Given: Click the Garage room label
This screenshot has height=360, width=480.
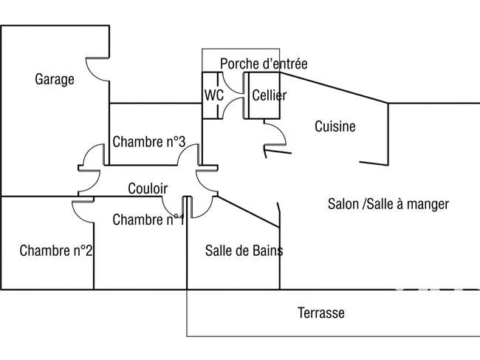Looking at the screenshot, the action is point(55,79).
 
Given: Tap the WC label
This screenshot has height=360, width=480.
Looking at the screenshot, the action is point(214,95).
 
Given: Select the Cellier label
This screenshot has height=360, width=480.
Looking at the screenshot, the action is point(270,95).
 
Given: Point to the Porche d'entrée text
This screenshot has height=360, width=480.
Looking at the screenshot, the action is point(264,64).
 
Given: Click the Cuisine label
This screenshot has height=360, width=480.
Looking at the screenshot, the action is point(335,126).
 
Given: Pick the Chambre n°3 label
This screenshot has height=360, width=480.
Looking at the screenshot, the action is point(149,141).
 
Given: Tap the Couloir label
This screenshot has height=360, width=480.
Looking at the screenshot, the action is point(148,189).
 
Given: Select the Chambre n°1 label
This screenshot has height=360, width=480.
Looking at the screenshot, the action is point(148,220).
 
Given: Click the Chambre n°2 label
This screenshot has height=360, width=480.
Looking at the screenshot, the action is point(55,251).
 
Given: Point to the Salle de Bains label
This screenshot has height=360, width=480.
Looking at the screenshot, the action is point(244,251).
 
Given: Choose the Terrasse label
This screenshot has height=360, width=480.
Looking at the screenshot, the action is point(321,313).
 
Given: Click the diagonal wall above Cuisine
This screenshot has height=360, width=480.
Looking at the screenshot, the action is point(334,88).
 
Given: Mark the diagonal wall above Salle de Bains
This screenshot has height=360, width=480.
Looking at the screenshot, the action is point(248,212).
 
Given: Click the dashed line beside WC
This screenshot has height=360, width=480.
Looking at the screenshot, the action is point(218,95).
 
